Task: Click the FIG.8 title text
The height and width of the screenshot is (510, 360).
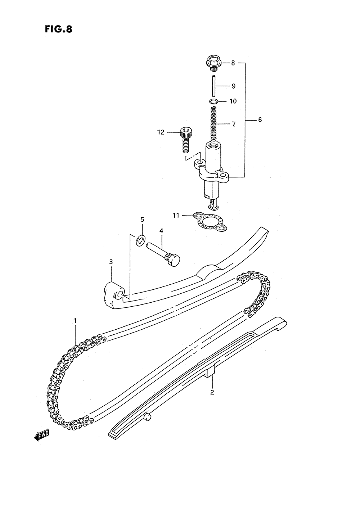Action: (58, 29)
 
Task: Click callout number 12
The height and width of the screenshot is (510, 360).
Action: (161, 132)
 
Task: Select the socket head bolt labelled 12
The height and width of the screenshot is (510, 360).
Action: (185, 139)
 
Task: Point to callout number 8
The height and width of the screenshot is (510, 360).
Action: (233, 63)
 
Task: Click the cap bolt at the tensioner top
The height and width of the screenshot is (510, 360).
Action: (212, 63)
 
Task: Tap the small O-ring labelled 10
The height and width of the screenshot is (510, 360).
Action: (213, 101)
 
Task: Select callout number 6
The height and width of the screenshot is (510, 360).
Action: (260, 120)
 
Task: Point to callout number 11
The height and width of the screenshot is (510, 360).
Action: (176, 216)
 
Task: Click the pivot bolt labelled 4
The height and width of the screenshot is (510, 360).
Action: (164, 253)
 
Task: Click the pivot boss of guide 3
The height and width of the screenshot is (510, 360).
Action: (114, 293)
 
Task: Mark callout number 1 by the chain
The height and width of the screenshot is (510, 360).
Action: (75, 320)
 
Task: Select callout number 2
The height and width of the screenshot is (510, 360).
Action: (212, 392)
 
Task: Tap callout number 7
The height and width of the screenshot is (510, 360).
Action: (234, 124)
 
